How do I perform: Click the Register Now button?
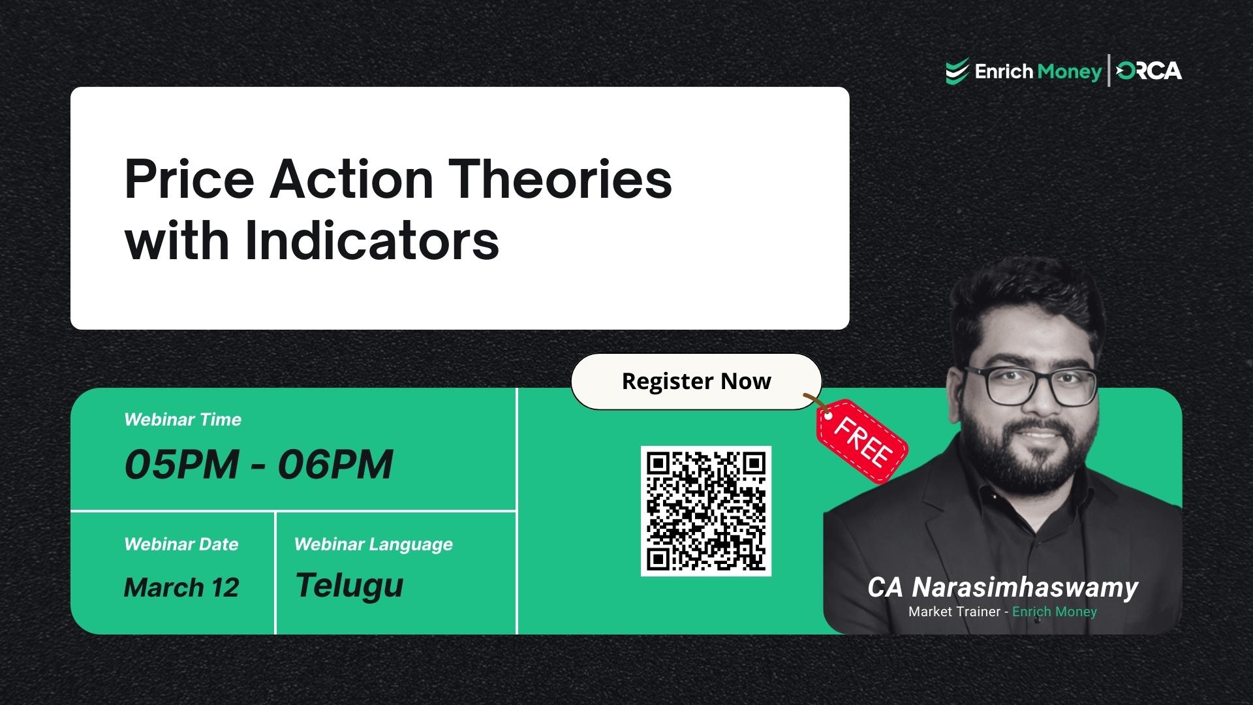tap(696, 381)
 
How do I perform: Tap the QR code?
tap(705, 511)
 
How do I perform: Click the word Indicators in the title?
tap(372, 241)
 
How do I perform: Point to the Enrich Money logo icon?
tap(957, 71)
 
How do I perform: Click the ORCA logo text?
tap(1149, 70)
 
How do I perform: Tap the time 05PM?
tap(181, 465)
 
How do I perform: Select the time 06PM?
tap(335, 465)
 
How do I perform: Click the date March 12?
tap(181, 587)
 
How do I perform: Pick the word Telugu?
tap(349, 586)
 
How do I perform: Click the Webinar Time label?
tap(183, 420)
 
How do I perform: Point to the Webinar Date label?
tap(181, 544)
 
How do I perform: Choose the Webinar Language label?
tap(373, 544)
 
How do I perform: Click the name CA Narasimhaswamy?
tap(1002, 587)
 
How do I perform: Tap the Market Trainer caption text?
tap(954, 612)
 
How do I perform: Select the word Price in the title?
tap(189, 180)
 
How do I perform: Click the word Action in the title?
tap(351, 180)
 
